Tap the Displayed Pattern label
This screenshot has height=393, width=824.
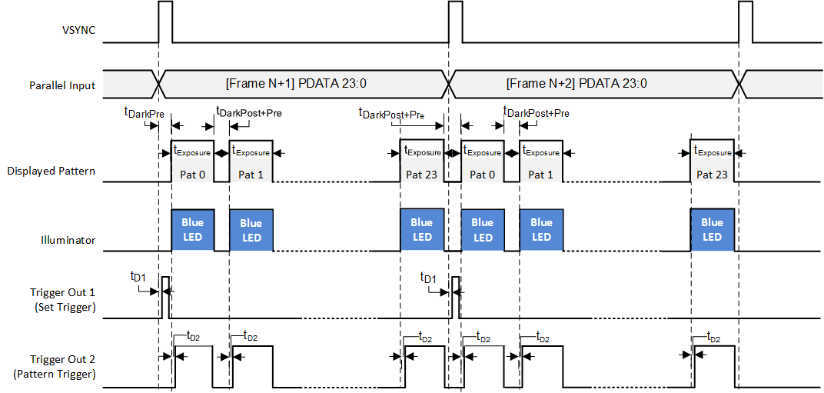[x=51, y=171]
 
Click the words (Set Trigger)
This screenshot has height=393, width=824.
[x=63, y=307]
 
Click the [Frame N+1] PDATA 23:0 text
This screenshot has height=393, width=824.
[x=301, y=82]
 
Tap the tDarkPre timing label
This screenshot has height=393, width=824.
[x=144, y=112]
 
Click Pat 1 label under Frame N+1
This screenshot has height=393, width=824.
[x=251, y=175]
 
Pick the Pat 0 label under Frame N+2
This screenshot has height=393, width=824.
[x=482, y=175]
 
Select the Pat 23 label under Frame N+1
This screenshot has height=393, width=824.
[x=421, y=175]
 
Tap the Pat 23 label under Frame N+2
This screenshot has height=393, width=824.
[x=712, y=175]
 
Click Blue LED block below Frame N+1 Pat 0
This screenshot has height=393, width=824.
[x=192, y=230]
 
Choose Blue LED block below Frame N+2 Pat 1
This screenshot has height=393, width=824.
[x=541, y=230]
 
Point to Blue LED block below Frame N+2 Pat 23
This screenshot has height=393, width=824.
[x=712, y=230]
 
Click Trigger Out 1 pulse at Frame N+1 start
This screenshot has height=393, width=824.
[x=164, y=297]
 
